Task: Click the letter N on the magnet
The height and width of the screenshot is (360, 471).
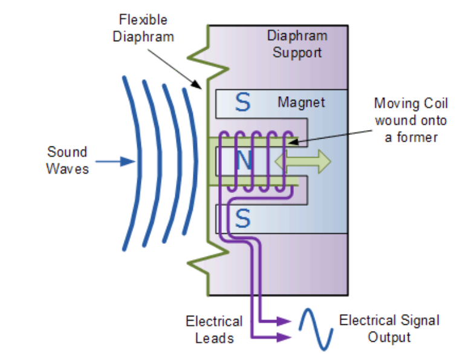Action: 242,160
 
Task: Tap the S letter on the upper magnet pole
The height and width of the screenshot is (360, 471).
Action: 242,103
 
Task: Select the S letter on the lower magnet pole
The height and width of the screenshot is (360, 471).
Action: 242,218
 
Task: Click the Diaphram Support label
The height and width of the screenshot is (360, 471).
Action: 297,44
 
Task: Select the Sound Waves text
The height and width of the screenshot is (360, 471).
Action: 68,160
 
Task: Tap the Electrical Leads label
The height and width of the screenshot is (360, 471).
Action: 214,329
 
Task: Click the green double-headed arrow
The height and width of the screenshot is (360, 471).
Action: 302,161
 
